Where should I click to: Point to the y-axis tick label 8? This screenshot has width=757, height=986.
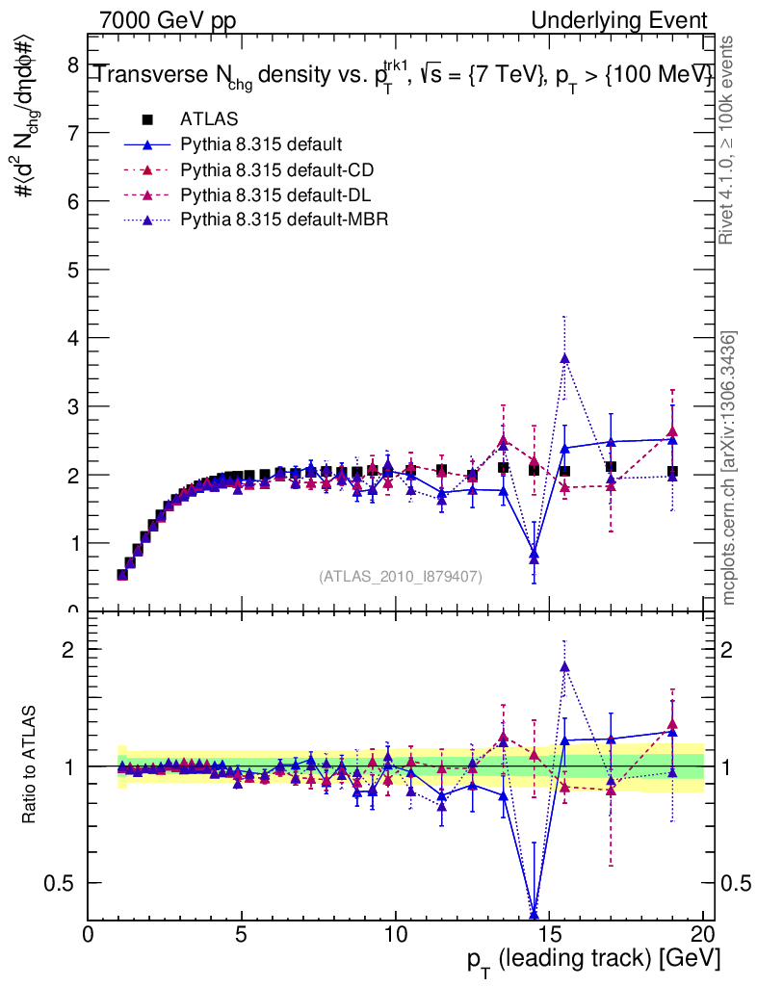coord(72,65)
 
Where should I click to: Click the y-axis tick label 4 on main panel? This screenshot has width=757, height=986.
coord(72,338)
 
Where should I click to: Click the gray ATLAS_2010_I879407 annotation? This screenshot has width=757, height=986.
coord(401,576)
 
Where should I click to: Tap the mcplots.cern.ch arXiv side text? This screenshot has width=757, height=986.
coord(730,468)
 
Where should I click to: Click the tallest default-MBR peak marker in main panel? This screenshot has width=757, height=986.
coord(564,358)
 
